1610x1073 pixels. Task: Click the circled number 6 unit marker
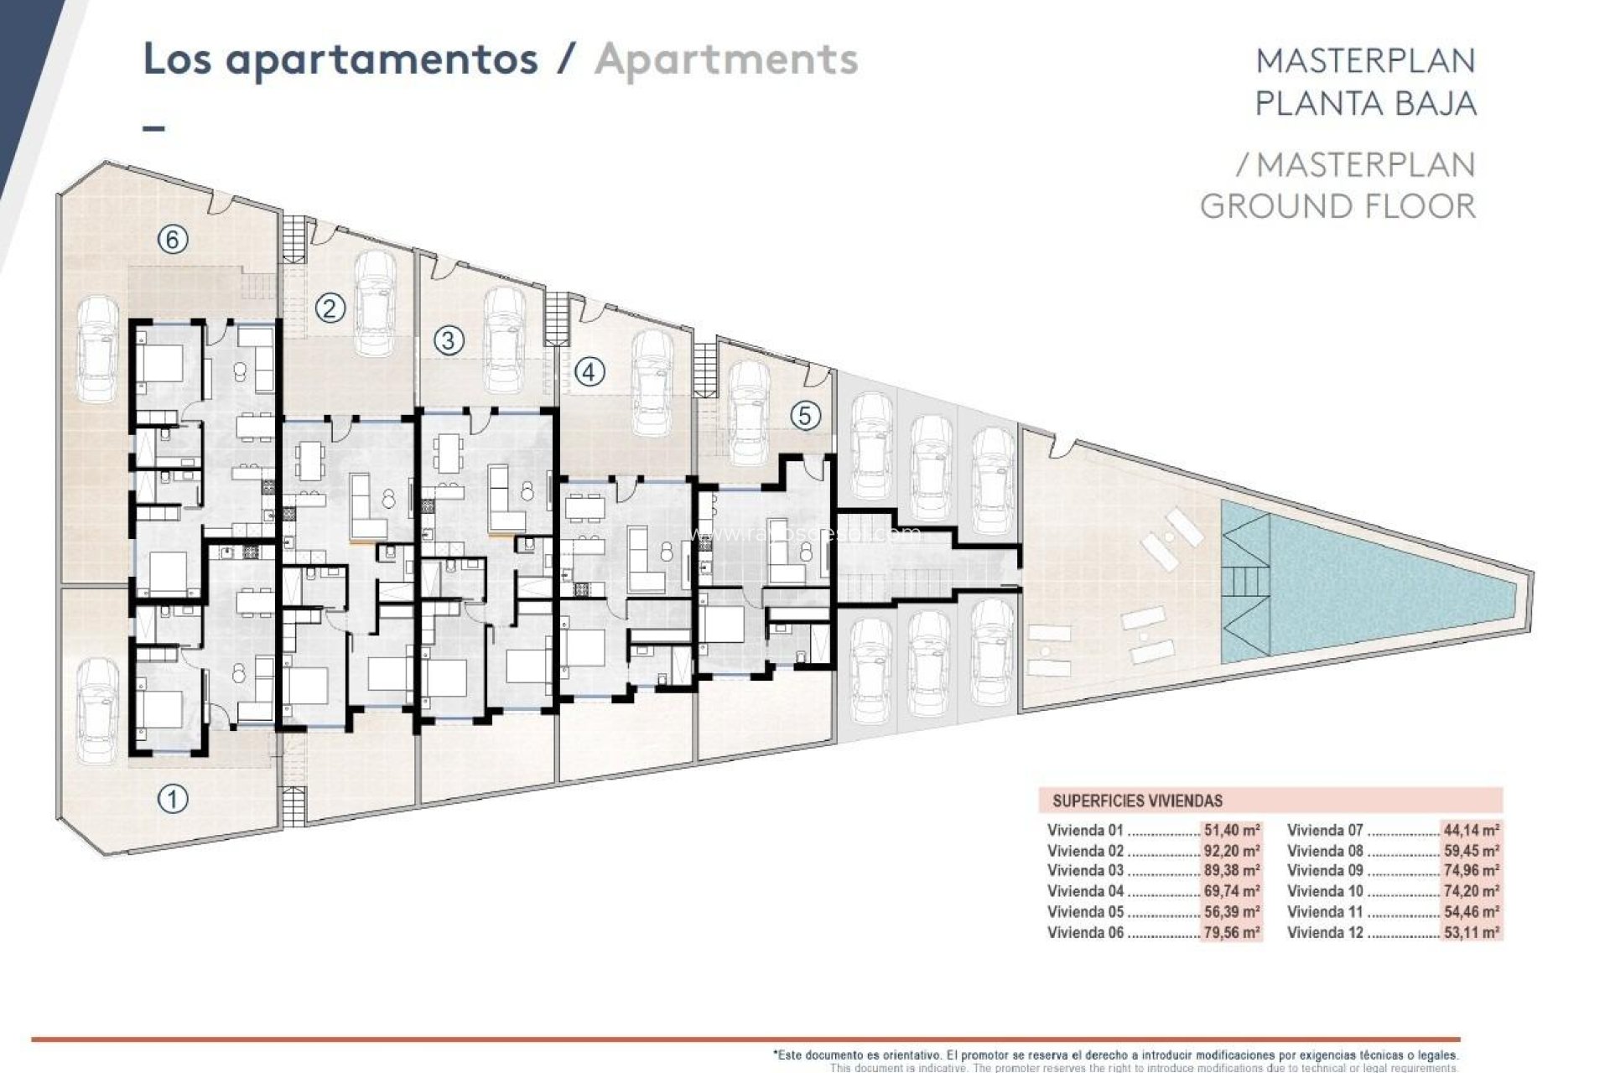[x=173, y=240]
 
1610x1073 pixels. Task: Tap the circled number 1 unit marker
[x=173, y=798]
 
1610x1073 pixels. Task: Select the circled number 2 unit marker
[x=330, y=308]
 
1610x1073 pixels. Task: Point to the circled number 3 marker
[x=449, y=340]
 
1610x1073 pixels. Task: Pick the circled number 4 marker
[x=589, y=371]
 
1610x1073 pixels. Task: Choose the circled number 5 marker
[x=806, y=415]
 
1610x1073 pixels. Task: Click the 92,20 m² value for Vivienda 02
[x=1231, y=851]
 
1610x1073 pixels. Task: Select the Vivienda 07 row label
[x=1325, y=831]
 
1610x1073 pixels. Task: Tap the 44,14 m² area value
[x=1471, y=831]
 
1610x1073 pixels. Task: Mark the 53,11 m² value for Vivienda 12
[x=1471, y=932]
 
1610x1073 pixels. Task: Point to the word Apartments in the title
[x=726, y=60]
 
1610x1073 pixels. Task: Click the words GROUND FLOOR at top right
[x=1337, y=206]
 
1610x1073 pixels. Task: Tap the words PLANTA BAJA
[x=1365, y=103]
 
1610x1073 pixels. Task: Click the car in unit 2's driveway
[x=375, y=303]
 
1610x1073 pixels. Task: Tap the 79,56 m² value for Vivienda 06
[x=1231, y=932]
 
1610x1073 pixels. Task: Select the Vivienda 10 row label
[x=1325, y=891]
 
